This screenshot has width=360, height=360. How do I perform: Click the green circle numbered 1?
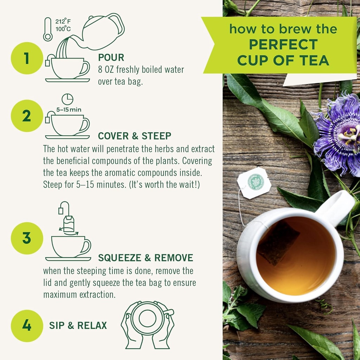pos(27,58)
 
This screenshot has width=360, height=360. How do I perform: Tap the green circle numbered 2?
pos(27,116)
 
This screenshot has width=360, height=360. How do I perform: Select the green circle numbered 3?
pos(27,238)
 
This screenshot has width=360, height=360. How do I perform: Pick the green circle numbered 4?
pos(27,325)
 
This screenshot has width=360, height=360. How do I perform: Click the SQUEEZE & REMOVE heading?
pos(146,258)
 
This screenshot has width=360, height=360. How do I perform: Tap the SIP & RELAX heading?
pos(78,325)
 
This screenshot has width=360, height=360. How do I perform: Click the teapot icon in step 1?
pos(102,32)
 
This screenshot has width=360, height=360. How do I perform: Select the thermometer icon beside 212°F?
pos(47,30)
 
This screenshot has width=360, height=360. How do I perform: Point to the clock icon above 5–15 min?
pos(67,99)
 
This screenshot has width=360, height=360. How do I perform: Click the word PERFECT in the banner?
pos(283,45)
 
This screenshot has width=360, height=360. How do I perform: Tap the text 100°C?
pos(63,29)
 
